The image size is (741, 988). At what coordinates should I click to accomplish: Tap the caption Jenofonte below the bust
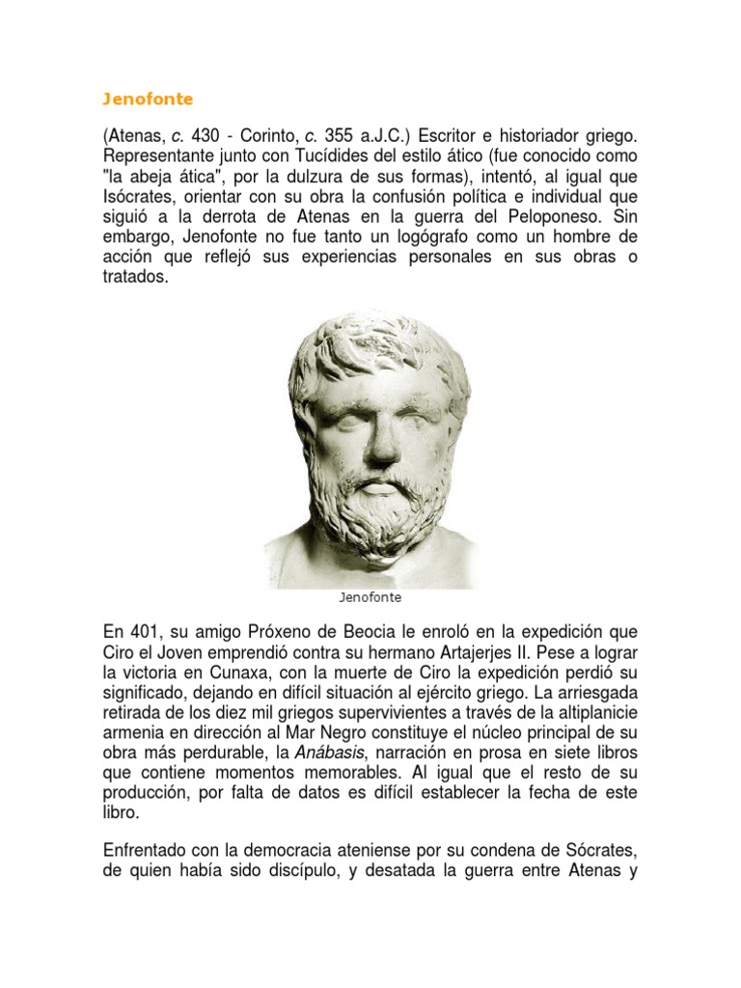pos(370,597)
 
